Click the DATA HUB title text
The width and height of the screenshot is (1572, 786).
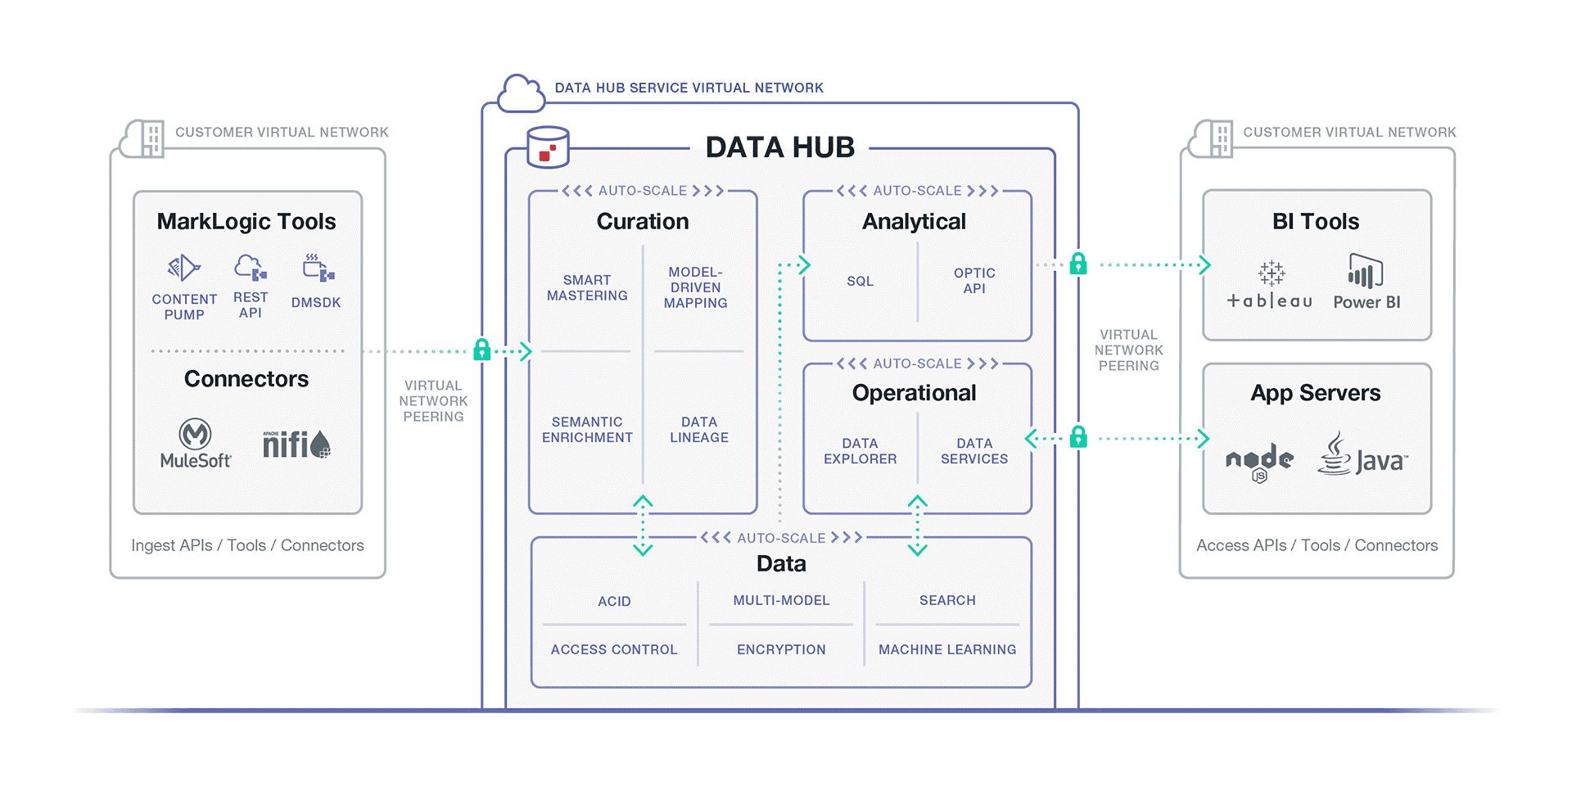[779, 147]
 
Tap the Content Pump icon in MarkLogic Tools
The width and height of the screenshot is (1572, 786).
[184, 268]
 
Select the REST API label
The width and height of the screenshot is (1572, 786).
[251, 305]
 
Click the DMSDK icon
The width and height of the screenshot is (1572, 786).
[318, 268]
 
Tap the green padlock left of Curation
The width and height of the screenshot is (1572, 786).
[482, 350]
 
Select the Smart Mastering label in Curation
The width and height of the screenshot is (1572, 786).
[587, 287]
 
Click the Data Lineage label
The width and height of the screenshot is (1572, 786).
[698, 430]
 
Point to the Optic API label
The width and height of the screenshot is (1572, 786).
[974, 281]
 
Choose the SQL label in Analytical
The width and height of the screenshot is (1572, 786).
[860, 281]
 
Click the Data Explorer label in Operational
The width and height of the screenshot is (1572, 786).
[860, 451]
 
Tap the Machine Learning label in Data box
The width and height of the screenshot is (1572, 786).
[947, 649]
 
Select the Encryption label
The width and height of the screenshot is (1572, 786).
[781, 649]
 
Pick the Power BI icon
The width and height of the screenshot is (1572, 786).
[1365, 271]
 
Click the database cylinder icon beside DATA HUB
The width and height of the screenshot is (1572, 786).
[548, 147]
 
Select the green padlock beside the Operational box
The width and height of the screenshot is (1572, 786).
[1078, 437]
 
